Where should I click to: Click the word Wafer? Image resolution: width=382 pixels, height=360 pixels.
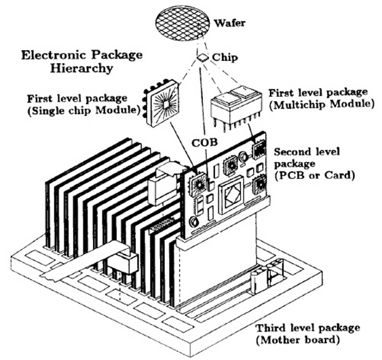[229, 23]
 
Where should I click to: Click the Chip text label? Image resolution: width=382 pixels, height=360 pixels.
[225, 58]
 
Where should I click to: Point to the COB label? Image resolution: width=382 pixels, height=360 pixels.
[204, 142]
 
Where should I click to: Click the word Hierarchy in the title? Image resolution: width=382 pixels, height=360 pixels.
[81, 68]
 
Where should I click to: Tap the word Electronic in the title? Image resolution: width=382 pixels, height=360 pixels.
[54, 55]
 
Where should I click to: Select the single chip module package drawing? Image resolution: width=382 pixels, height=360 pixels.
[161, 102]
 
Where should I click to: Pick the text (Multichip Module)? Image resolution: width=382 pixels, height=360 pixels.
[321, 104]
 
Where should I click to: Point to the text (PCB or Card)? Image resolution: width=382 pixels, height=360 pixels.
[314, 176]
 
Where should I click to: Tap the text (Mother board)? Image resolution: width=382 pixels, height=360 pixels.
[297, 340]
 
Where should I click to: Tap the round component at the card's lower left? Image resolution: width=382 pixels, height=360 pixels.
[194, 222]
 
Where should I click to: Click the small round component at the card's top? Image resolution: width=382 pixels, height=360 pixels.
[243, 156]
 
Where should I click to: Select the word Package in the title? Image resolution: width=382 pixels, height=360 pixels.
[117, 56]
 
